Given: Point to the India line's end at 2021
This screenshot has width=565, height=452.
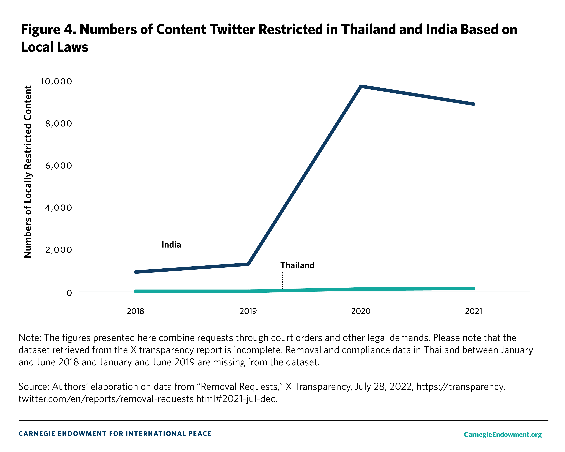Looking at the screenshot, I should (473, 104).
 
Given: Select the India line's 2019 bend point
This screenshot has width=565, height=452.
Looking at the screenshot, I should (248, 264).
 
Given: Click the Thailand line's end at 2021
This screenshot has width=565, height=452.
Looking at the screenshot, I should (473, 289).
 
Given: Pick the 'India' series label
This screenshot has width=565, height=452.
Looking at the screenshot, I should (171, 245).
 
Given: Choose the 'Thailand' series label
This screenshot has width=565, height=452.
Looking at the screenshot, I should (297, 265).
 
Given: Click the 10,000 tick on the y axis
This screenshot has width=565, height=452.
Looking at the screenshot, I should (56, 81).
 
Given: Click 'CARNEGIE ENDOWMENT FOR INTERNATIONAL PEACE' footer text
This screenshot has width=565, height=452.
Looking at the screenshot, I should (115, 434).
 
